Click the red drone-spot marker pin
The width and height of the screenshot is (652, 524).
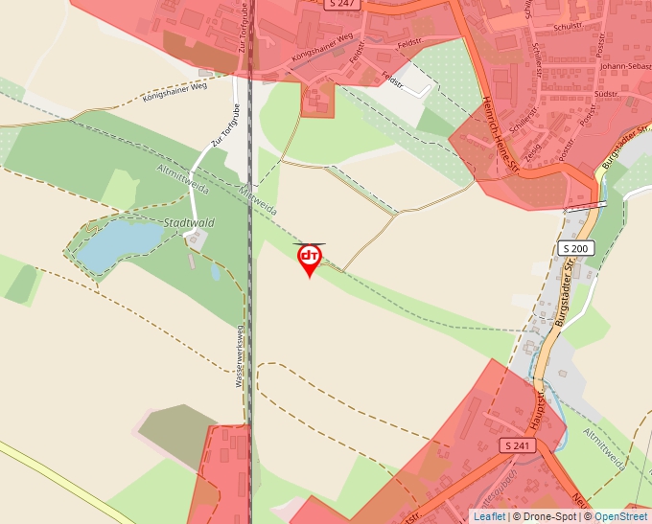coord(309,260)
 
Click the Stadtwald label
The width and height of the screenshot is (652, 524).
coord(189,223)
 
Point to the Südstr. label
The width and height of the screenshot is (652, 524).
coord(606,95)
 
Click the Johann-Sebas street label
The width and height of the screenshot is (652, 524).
coord(627,66)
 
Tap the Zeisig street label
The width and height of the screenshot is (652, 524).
coord(533,145)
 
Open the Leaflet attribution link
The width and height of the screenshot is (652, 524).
coord(489,516)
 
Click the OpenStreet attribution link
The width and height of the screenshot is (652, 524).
coord(620,516)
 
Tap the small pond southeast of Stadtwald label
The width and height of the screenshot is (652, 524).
coord(216,272)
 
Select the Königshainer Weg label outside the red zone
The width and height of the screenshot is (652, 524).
coord(175,93)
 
